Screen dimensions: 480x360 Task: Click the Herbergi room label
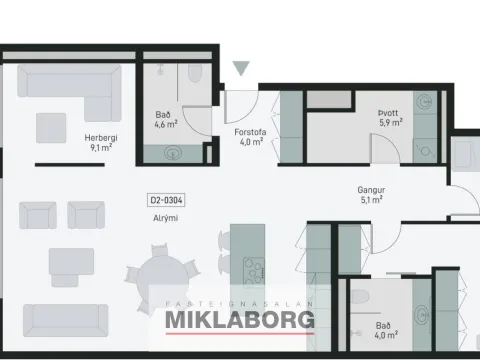point(101,138)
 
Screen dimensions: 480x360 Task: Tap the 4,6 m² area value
point(166,124)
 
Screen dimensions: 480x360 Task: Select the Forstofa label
point(250,132)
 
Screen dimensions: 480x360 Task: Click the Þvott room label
point(388,113)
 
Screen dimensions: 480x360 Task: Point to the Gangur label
point(371,190)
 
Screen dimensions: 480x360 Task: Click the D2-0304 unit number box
point(166,200)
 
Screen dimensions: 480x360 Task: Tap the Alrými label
point(165,218)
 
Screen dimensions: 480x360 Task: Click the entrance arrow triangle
point(241,68)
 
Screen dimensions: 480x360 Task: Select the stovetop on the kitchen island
point(254,272)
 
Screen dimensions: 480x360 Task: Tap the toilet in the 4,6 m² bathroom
point(195,73)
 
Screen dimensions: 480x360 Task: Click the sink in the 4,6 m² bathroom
point(172,154)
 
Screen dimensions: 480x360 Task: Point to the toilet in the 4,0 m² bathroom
point(360,298)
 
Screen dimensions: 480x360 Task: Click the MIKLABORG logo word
point(240,320)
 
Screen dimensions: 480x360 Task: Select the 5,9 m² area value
point(391,123)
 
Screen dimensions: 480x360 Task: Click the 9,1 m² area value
point(101,147)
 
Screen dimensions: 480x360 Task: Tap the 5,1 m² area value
point(371,200)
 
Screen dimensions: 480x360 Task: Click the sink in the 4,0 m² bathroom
point(422,314)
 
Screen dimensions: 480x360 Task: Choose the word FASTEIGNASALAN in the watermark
point(240,304)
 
